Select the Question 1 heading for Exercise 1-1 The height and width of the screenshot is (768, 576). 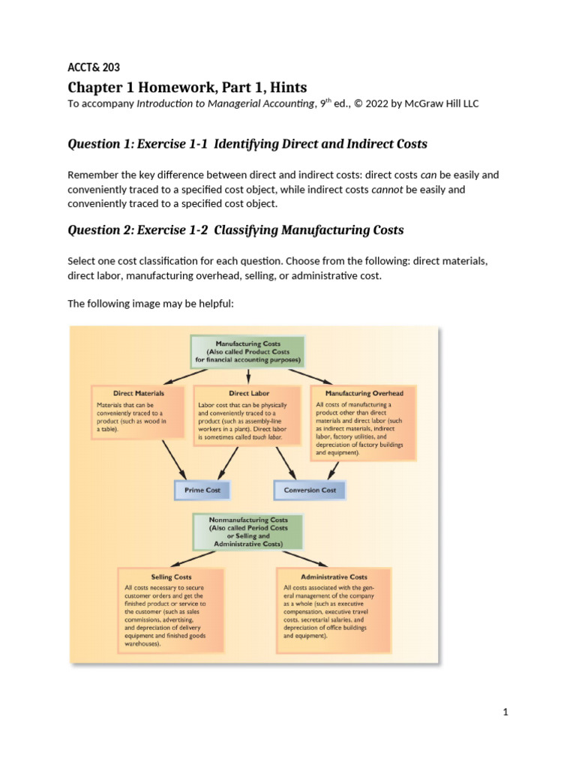point(247,143)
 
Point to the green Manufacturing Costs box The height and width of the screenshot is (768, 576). point(247,350)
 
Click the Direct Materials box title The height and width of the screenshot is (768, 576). point(139,393)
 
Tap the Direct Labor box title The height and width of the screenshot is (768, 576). point(249,393)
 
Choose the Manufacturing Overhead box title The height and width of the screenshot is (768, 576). point(364,393)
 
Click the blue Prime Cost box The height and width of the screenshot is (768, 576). point(202,490)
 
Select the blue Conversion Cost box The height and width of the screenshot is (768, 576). point(310,490)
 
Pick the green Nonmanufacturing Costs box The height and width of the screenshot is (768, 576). point(247,531)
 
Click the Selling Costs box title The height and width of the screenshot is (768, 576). point(172,577)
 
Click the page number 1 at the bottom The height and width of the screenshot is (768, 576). point(506,712)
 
